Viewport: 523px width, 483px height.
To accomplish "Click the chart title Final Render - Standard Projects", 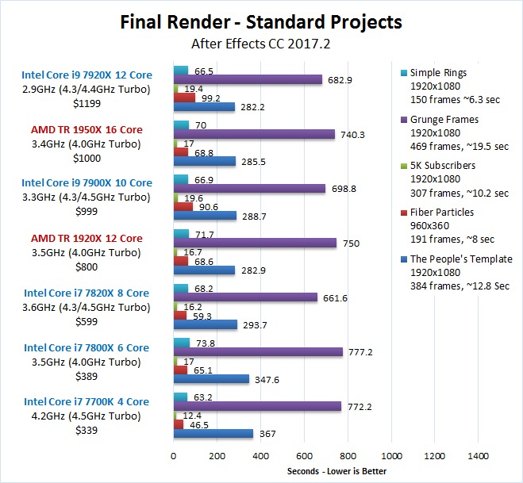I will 261,21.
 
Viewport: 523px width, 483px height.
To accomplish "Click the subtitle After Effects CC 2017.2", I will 261,43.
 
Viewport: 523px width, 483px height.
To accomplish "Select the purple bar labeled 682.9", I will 248,79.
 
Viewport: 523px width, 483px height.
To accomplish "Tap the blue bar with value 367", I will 213,433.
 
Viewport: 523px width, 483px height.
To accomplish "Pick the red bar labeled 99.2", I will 184,98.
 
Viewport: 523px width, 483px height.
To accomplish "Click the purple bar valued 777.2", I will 258,351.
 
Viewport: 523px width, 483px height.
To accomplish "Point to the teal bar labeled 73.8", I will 182,342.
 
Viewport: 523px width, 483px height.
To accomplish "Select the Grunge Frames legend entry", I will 444,120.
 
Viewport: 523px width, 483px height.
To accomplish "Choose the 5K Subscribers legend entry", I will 444,166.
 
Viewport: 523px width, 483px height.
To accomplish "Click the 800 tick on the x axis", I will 348,456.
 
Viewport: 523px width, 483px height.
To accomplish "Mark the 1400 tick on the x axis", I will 478,456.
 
